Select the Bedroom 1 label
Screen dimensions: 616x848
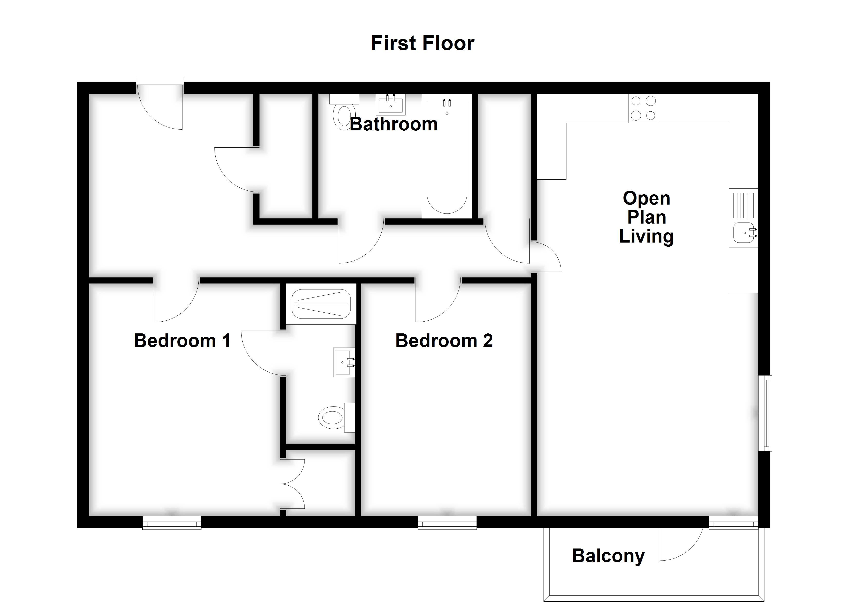[x=182, y=340]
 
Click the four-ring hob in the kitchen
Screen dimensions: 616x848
[x=643, y=108]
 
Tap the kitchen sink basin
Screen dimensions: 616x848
[x=743, y=233]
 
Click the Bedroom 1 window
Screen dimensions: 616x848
[x=172, y=523]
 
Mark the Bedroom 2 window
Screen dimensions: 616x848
[x=447, y=523]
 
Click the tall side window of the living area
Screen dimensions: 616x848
[x=765, y=413]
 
